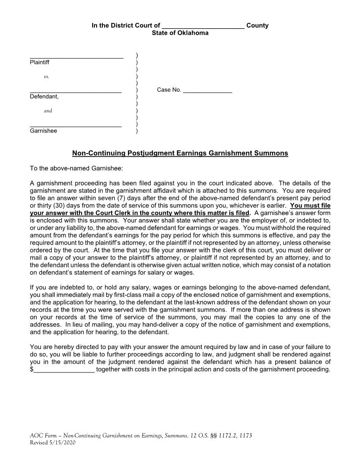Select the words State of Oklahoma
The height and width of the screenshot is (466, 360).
click(x=180, y=33)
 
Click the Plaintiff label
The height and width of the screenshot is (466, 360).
click(x=40, y=62)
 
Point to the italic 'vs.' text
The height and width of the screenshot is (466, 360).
click(x=47, y=77)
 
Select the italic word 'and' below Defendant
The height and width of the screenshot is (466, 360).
click(x=48, y=111)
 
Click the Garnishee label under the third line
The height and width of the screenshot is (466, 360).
click(x=43, y=131)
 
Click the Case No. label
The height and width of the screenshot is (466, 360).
click(x=169, y=90)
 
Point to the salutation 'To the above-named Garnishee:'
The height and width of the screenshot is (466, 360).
click(x=73, y=168)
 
